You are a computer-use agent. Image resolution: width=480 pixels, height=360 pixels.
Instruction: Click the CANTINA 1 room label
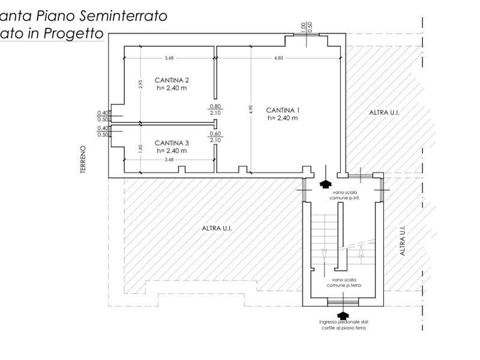click(283, 114)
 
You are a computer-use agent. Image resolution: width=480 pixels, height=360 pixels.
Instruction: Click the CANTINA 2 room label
click(172, 83)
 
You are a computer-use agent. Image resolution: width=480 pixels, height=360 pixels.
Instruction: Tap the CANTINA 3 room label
click(172, 146)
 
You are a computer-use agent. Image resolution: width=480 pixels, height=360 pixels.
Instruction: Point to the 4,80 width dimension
click(278, 58)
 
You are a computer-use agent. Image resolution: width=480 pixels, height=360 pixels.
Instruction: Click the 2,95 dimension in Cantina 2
click(140, 85)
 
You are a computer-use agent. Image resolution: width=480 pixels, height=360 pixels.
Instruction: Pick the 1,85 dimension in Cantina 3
click(140, 149)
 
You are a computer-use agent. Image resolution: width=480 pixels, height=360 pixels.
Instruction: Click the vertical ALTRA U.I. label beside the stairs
click(403, 241)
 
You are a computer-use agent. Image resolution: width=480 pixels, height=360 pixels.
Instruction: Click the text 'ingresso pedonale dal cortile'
click(343, 325)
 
